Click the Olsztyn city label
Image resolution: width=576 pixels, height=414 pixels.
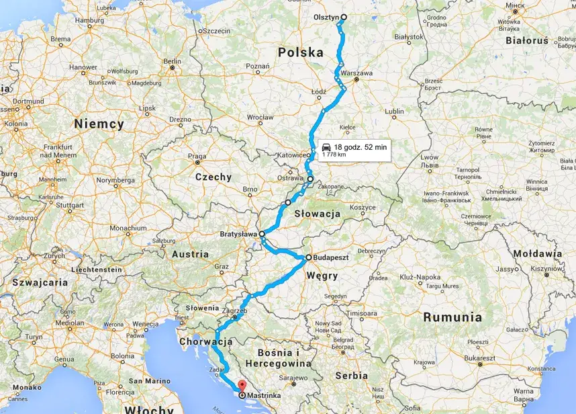pos(327,18)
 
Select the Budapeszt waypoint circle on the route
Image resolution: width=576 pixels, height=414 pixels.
pos(309,257)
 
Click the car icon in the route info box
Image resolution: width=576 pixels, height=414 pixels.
pos(326,147)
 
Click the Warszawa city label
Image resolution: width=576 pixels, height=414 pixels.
pos(356,73)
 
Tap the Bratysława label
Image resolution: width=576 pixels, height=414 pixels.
pos(239,234)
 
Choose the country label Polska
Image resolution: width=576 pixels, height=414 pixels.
pos(300,52)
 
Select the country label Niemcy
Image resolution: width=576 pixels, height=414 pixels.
pos(100,124)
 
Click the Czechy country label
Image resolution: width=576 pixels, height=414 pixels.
pos(213,177)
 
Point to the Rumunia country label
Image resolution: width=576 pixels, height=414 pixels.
pos(451,317)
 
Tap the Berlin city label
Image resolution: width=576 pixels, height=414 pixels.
pos(173,61)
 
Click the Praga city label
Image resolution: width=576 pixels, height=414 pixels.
pos(197,155)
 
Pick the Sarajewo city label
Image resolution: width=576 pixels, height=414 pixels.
pos(293,378)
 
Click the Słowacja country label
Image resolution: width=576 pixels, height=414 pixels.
pos(317,214)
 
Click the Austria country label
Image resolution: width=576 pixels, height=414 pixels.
pos(191,254)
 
